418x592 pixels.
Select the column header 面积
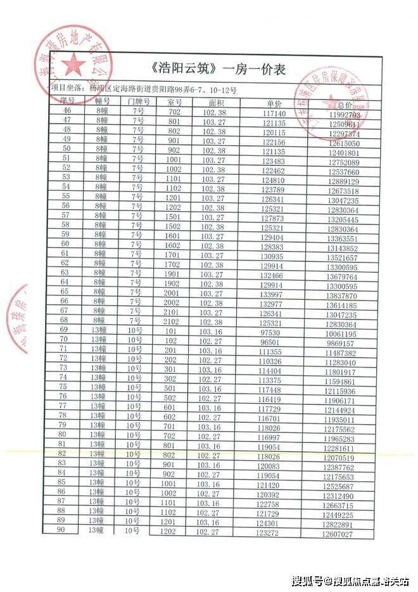click(x=216, y=102)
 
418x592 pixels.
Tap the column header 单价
click(x=274, y=103)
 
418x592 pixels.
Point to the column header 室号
click(x=174, y=101)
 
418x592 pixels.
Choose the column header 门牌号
click(x=138, y=101)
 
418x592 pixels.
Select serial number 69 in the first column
click(x=63, y=330)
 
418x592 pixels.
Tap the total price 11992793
click(x=345, y=115)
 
